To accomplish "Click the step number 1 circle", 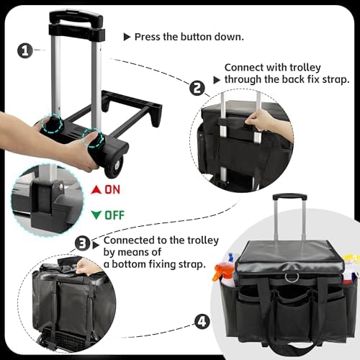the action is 25,50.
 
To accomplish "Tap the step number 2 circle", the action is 197,88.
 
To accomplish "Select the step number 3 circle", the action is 83,243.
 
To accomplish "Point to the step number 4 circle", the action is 202,322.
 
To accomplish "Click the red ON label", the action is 112,189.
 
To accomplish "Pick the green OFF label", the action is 114,215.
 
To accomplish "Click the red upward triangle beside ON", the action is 96,189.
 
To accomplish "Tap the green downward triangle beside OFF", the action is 96,215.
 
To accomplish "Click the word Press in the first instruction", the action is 148,37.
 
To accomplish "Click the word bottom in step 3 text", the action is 129,264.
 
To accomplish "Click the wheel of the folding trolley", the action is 114,167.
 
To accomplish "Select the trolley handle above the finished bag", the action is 289,197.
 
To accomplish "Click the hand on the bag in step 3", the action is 87,266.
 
